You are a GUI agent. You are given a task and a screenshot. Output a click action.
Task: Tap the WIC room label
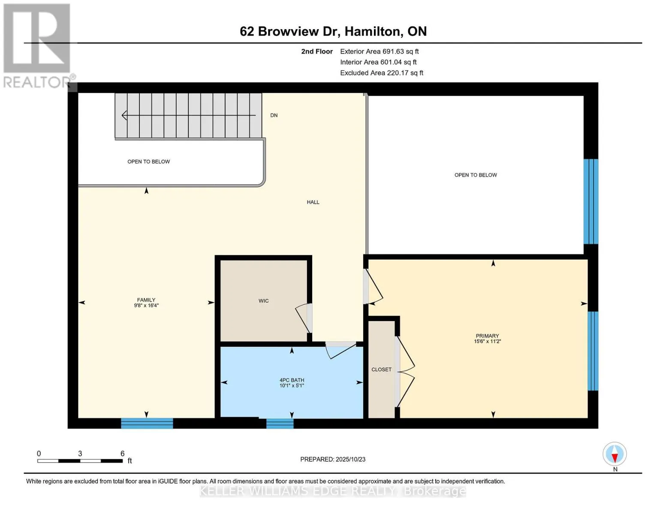pos(263,301)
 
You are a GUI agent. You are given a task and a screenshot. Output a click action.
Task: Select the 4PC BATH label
pos(292,380)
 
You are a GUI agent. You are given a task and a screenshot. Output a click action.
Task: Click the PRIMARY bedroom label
pos(487,336)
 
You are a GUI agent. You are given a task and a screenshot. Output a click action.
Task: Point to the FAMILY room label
pos(146,300)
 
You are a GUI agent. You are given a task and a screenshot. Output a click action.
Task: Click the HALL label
pos(313,202)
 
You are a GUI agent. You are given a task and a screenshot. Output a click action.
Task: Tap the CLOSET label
pos(381,370)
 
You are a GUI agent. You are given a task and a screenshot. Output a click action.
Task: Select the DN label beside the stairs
pos(274,115)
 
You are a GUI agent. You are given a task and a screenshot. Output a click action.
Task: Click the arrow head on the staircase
pos(125,115)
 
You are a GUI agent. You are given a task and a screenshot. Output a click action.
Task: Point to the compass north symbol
pos(615,454)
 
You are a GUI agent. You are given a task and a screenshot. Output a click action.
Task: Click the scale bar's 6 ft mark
pos(122,454)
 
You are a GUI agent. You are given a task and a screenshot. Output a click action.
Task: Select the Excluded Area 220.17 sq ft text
pos(381,73)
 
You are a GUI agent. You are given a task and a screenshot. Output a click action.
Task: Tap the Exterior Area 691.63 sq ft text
pos(379,51)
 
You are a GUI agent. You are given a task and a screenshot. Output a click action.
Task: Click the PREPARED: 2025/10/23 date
pos(333,459)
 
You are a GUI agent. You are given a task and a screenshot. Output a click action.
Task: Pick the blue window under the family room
pos(147,424)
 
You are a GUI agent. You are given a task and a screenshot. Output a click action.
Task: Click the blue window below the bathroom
pos(280,424)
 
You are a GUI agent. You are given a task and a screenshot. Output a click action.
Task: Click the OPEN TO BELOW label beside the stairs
pos(148,162)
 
